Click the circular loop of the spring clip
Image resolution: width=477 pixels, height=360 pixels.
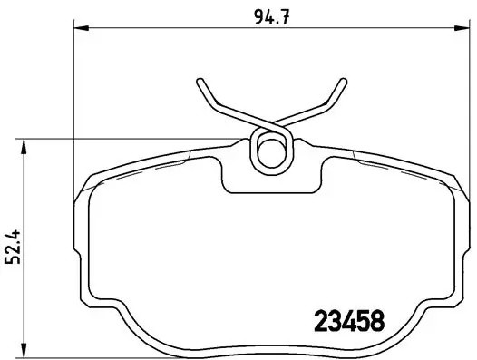point(270,149)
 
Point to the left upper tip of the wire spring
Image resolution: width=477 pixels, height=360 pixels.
point(200,84)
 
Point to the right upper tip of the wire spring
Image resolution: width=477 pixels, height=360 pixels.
point(344,82)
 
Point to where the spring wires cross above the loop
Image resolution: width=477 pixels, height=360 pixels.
point(270,126)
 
